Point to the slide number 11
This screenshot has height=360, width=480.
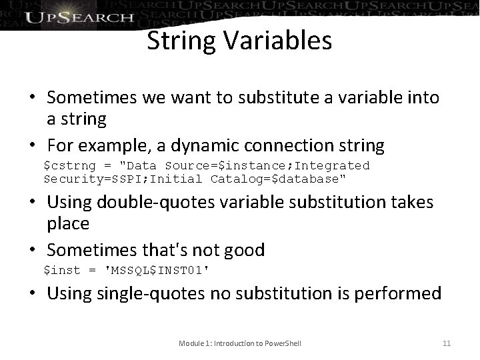(447, 343)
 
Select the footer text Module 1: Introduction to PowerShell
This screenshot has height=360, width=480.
(240, 343)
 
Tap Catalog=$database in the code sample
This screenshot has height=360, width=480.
(278, 179)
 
